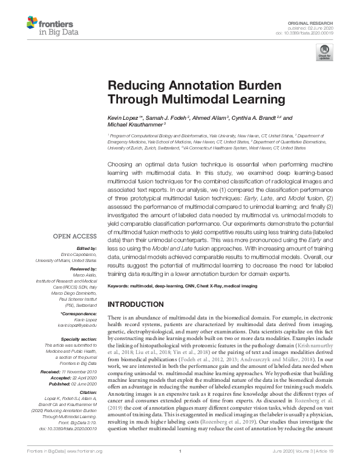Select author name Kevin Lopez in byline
click(123, 118)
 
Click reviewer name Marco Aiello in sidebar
click(84, 274)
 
